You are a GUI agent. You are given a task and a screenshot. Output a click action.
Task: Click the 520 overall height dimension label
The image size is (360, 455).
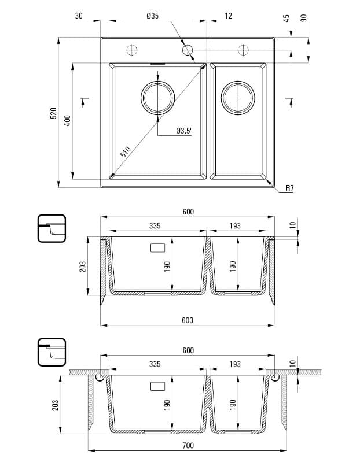(x=53, y=113)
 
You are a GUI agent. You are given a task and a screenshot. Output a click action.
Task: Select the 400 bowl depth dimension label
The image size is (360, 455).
(x=67, y=121)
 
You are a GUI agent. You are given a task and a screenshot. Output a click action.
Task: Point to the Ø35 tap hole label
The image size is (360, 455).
(x=152, y=16)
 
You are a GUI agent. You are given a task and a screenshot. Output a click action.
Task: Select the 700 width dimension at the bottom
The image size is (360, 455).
(x=188, y=445)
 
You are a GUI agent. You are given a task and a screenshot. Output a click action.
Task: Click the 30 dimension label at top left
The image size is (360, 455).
(x=79, y=16)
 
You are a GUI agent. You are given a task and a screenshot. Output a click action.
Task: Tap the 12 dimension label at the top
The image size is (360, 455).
(x=227, y=16)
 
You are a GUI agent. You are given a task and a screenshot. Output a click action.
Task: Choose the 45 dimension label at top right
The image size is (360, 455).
(x=286, y=18)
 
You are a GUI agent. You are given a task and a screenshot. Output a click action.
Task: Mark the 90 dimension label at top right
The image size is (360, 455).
(x=304, y=18)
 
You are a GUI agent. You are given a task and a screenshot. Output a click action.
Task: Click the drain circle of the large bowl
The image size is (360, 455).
(x=157, y=97)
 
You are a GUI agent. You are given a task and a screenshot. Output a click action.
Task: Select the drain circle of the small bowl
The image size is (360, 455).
(x=237, y=97)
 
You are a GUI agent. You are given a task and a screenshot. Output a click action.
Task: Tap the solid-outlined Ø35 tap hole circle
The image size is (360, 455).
(x=188, y=51)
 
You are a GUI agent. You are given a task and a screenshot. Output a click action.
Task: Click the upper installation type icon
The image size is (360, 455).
(x=52, y=228)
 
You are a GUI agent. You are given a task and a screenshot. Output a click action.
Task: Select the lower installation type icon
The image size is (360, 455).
(x=52, y=352)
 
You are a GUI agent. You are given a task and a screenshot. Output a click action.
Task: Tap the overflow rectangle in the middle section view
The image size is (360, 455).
(x=157, y=249)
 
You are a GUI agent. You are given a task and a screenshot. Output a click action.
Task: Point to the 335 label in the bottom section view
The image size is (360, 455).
(x=155, y=365)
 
